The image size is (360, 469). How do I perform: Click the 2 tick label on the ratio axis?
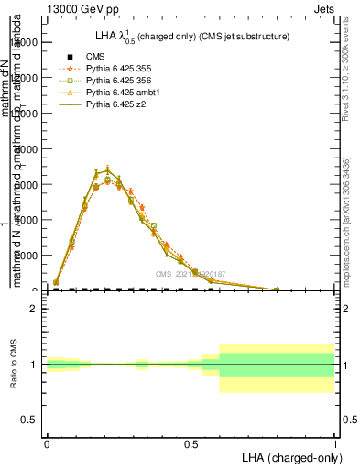tap(34, 310)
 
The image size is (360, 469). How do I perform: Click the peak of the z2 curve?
tap(108, 169)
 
